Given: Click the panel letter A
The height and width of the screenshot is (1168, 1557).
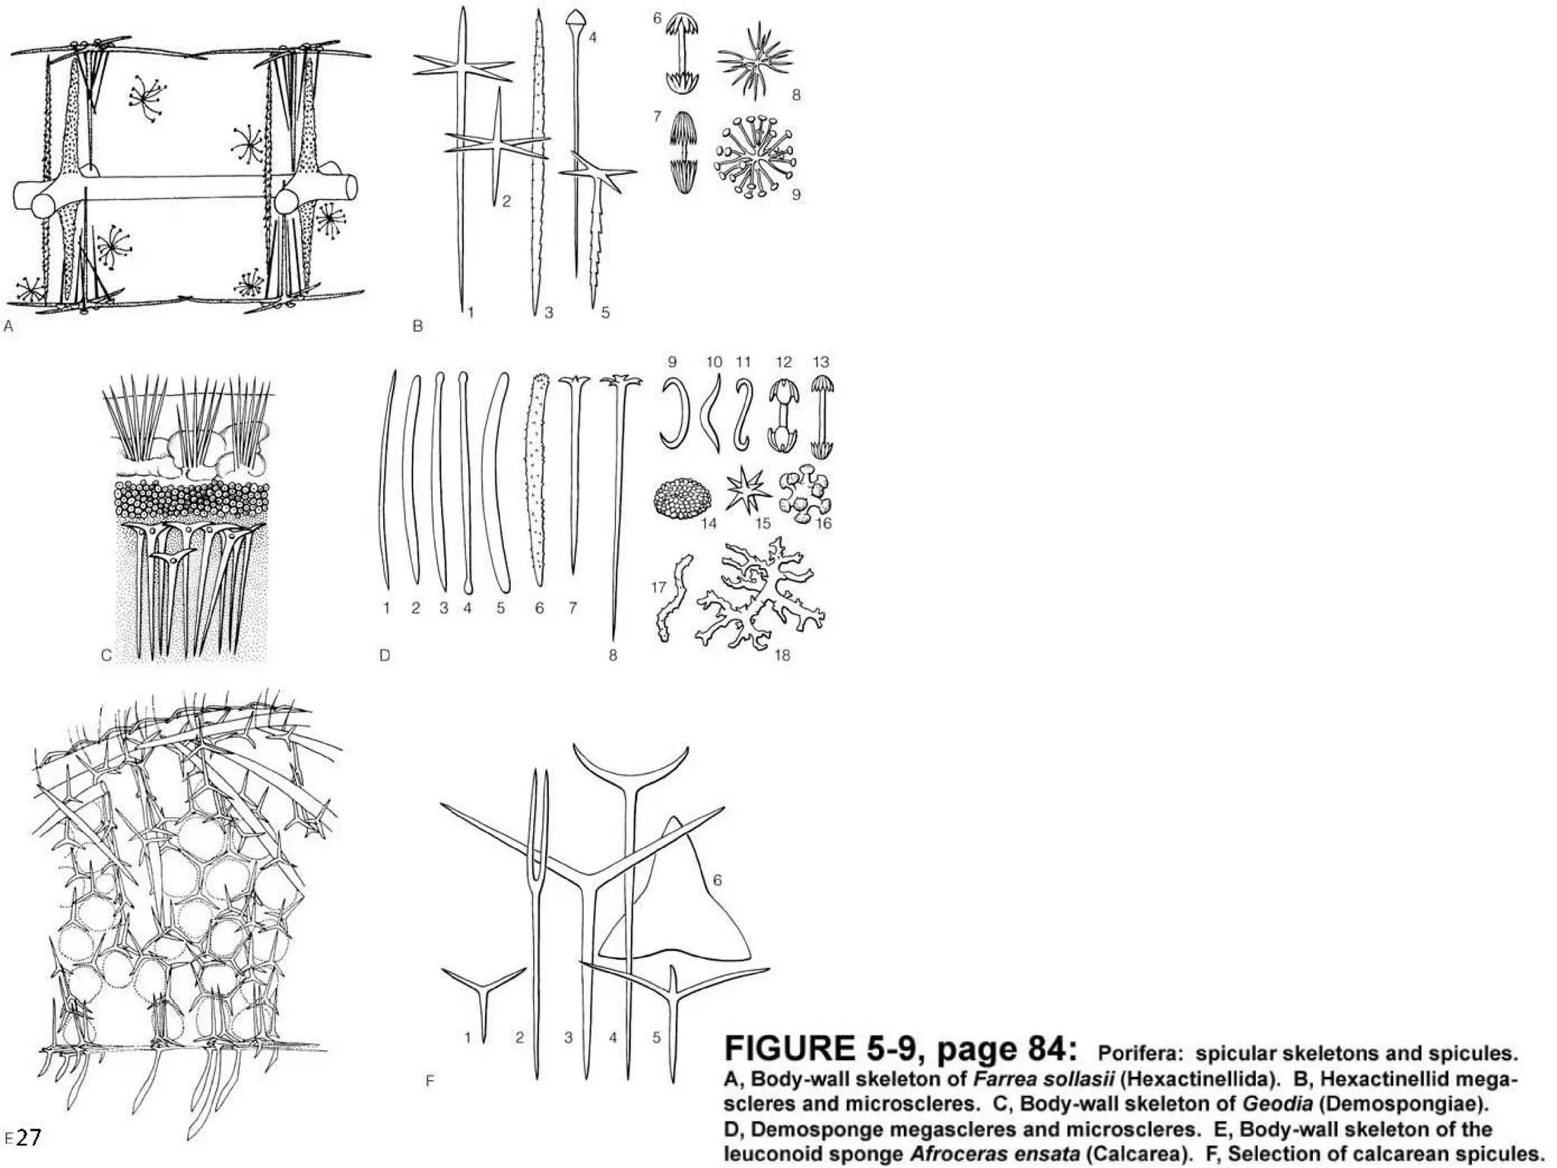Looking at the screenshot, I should [8, 326].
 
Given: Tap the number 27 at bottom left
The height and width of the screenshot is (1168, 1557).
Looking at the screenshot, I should [28, 1138].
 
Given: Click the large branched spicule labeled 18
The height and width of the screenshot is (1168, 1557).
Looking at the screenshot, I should [760, 593].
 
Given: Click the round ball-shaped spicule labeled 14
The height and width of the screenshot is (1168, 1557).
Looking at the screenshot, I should [683, 497].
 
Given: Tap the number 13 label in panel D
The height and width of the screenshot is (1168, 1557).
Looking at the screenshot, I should [820, 362].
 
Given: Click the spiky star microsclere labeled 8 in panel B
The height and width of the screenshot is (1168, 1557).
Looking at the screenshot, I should [754, 59].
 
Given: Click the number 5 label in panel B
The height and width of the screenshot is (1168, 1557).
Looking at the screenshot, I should [605, 312].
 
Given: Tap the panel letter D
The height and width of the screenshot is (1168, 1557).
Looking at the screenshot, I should [385, 655].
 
